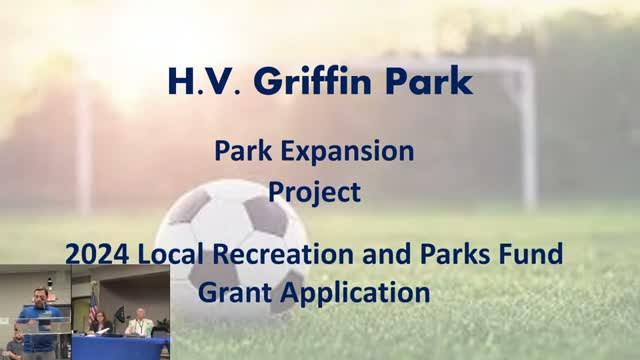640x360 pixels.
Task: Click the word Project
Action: click(314, 190)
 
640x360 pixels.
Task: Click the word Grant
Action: click(239, 294)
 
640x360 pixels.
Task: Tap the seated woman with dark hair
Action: click(102, 324)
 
